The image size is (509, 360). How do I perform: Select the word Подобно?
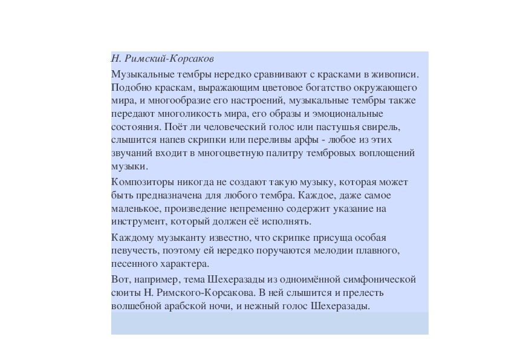[128, 88]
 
